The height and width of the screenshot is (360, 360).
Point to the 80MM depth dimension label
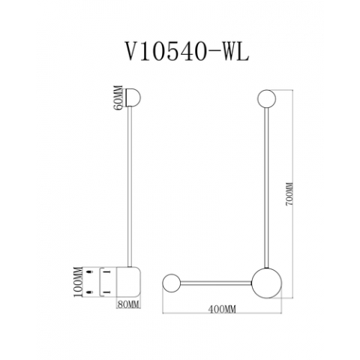(x=129, y=304)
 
